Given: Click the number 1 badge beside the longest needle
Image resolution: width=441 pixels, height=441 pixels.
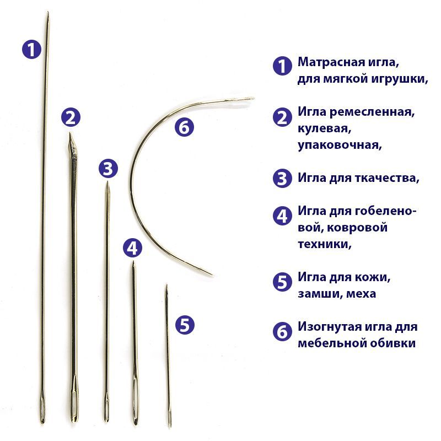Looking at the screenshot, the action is [x=31, y=49].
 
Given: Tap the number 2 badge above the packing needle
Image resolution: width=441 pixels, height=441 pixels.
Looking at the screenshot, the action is [x=71, y=117].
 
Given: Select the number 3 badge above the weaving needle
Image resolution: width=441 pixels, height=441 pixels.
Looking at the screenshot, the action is [x=108, y=169].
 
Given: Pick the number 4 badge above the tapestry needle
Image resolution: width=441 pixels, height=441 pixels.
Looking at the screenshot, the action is [x=132, y=248].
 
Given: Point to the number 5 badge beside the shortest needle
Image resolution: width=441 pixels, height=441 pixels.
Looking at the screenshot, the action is [x=185, y=325].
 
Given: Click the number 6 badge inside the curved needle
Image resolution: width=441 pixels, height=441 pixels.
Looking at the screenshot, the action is [x=184, y=127].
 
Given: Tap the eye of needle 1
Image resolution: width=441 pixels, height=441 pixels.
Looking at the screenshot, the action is [x=42, y=405].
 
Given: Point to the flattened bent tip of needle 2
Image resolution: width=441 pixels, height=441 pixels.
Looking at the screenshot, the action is [x=72, y=143].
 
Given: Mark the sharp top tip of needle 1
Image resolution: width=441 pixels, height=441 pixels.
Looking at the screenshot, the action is [x=48, y=13].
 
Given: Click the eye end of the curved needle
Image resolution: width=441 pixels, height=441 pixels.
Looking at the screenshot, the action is [x=245, y=99].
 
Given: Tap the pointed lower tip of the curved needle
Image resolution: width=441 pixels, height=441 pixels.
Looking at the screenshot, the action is [x=212, y=275].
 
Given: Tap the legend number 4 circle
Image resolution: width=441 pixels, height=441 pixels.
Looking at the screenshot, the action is [x=282, y=216].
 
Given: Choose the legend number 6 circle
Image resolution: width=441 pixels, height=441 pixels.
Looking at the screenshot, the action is [x=282, y=331].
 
